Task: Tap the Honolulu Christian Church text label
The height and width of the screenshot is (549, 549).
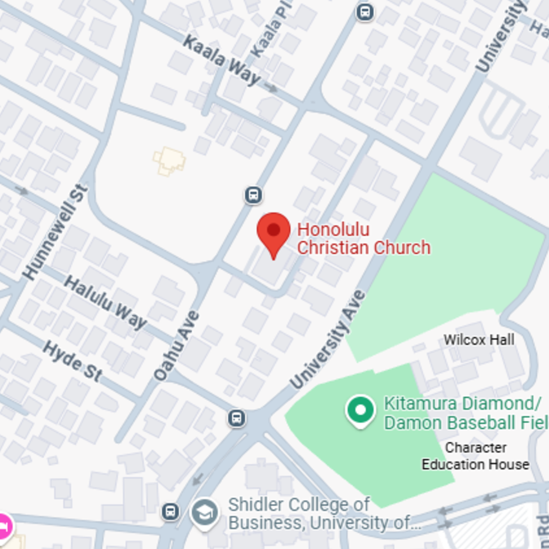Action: point(363,239)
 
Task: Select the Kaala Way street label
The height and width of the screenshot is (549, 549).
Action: point(221,60)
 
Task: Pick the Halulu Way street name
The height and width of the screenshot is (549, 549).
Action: point(105,302)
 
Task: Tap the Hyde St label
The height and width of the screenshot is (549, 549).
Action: point(72,360)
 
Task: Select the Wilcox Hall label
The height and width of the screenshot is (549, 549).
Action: point(479,339)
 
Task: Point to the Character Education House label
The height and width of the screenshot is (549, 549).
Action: point(475,456)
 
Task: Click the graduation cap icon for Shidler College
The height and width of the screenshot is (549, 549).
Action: point(204,513)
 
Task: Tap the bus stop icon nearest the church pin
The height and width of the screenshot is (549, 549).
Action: point(253,194)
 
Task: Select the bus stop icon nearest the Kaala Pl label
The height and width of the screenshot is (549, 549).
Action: point(364,11)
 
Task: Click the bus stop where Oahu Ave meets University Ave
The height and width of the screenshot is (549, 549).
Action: point(236,417)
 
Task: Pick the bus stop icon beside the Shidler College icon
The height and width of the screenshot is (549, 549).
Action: point(171,512)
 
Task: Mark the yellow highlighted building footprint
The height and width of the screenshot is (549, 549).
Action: point(169,160)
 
